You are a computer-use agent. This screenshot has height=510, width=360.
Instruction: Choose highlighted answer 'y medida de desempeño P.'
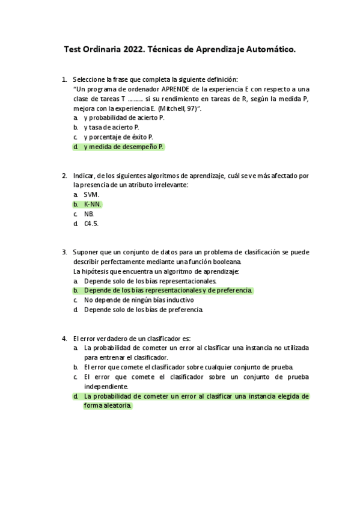pos(124,147)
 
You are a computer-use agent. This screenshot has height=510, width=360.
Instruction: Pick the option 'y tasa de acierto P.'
pos(111,127)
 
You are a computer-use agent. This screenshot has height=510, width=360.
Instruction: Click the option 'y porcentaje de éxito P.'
pos(118,137)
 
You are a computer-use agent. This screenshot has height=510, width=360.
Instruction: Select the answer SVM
pos(91,195)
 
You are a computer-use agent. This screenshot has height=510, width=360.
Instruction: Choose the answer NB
pos(89,214)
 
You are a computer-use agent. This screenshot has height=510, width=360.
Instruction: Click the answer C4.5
pos(91,224)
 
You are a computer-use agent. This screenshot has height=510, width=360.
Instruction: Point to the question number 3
pos(64,253)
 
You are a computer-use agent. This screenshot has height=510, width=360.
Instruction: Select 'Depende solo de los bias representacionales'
pos(150,281)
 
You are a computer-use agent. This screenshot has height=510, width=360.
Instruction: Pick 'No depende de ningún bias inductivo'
pos(139,300)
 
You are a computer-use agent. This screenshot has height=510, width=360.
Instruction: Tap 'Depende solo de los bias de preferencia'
pos(144,310)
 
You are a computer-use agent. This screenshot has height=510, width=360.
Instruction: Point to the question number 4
pos(64,339)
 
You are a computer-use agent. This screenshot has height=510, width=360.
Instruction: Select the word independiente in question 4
pos(106,387)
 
